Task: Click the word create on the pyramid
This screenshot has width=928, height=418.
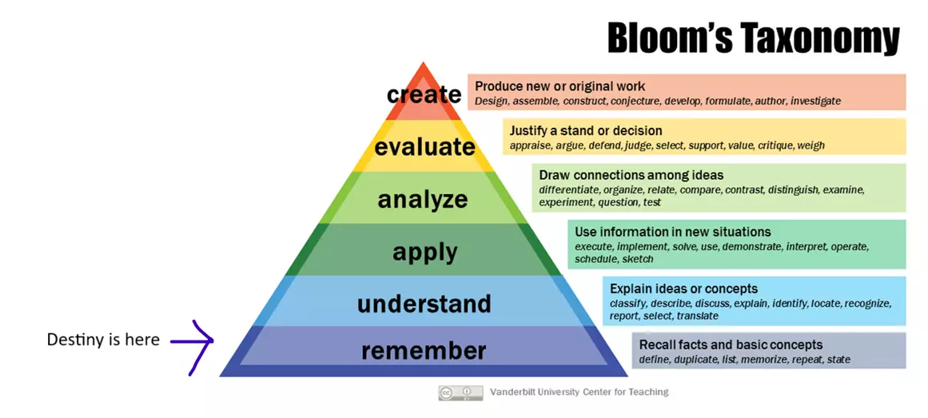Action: coord(424,95)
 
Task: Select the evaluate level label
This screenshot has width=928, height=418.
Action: coord(424,147)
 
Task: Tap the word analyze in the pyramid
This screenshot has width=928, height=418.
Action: coord(423,200)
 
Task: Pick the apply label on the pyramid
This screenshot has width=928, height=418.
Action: coord(425,253)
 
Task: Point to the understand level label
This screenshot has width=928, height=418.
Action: coord(424,304)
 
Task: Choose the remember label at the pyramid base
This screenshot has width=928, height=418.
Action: coord(424,351)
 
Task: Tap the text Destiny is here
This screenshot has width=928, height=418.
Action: coord(104,340)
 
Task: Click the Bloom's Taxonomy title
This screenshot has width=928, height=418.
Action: coord(754,39)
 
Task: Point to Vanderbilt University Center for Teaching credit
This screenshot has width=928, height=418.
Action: coord(580,392)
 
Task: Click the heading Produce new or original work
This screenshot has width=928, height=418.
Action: coord(560,86)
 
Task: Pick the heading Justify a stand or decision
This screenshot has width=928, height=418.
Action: coord(586,130)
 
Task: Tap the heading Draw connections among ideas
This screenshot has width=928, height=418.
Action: coord(631,175)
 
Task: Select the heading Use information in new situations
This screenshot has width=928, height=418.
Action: coord(673,232)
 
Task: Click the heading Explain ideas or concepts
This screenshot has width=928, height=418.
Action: coord(683,289)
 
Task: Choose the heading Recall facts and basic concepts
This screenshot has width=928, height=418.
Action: coord(731,344)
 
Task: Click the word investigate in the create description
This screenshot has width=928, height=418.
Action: coord(815,102)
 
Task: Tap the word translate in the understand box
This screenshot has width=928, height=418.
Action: coord(697,316)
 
